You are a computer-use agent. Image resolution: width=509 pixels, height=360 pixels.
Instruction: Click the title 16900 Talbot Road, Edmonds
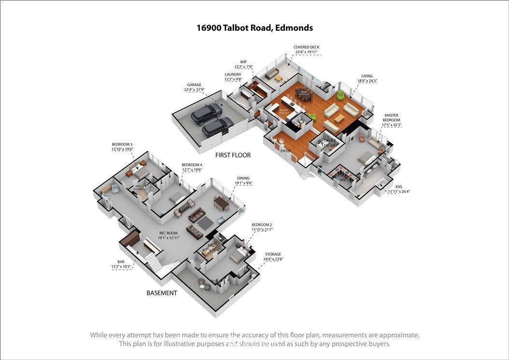254,28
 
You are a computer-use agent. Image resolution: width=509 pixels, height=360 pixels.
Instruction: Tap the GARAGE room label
191,85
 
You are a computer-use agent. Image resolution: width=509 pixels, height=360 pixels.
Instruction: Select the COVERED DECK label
306,47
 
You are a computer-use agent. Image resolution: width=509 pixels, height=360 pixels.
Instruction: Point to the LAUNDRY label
233,74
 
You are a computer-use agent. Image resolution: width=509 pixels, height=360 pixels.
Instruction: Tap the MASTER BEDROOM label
392,117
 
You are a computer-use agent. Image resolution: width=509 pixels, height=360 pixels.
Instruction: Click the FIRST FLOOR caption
233,155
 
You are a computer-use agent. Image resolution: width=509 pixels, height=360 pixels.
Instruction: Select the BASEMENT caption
162,293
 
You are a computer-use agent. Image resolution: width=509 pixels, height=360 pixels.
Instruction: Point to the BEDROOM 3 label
122,144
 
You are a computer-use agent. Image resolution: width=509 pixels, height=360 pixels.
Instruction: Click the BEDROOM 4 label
192,165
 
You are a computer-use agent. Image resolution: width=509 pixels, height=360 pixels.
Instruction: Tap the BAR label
121,261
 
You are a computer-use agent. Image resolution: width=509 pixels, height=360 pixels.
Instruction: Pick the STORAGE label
273,254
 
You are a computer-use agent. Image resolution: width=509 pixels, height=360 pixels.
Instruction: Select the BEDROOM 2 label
262,225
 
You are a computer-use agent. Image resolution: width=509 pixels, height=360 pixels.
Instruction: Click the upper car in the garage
206,114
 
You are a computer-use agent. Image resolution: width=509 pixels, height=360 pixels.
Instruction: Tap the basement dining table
221,202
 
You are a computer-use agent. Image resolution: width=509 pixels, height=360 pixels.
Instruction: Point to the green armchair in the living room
341,95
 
